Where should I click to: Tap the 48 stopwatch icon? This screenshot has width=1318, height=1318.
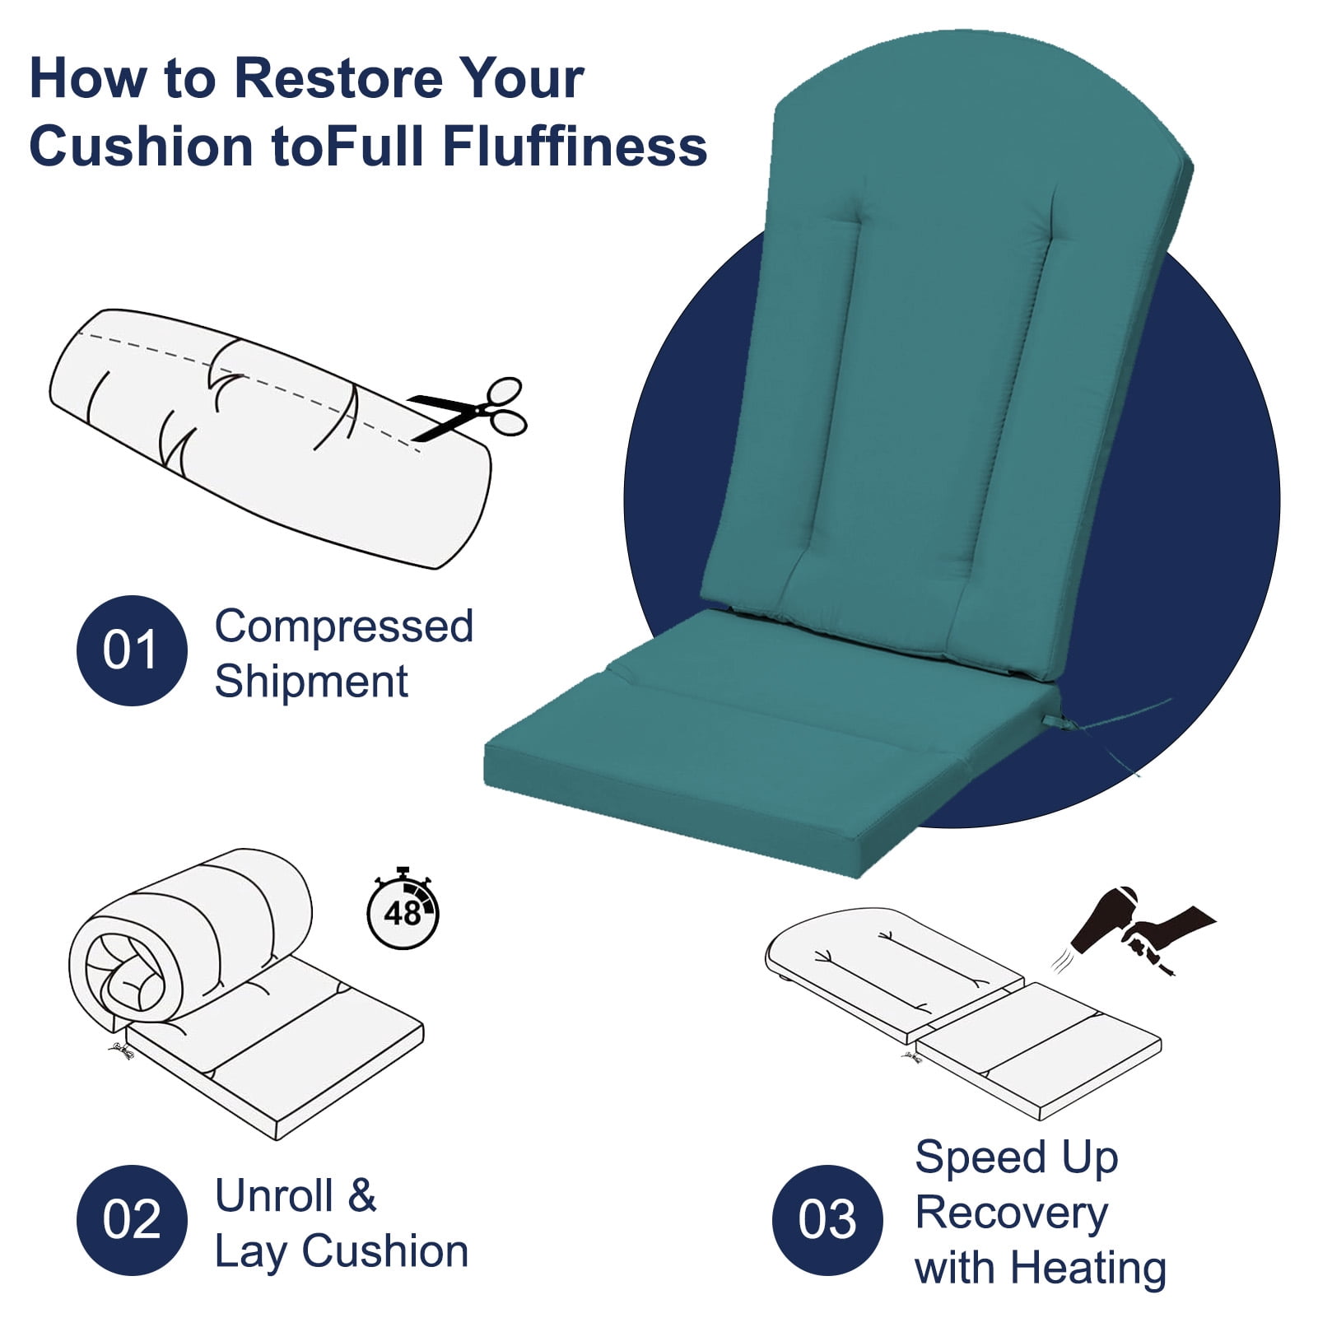click(x=403, y=908)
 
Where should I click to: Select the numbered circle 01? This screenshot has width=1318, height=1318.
click(x=132, y=650)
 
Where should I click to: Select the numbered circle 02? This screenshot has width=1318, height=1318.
click(x=132, y=1220)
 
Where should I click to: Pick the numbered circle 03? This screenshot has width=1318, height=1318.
click(x=827, y=1220)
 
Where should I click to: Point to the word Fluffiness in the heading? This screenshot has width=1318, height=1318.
click(x=575, y=146)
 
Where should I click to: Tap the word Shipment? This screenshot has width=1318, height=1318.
click(x=311, y=682)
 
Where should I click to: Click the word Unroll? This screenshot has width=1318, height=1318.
click(x=274, y=1196)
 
